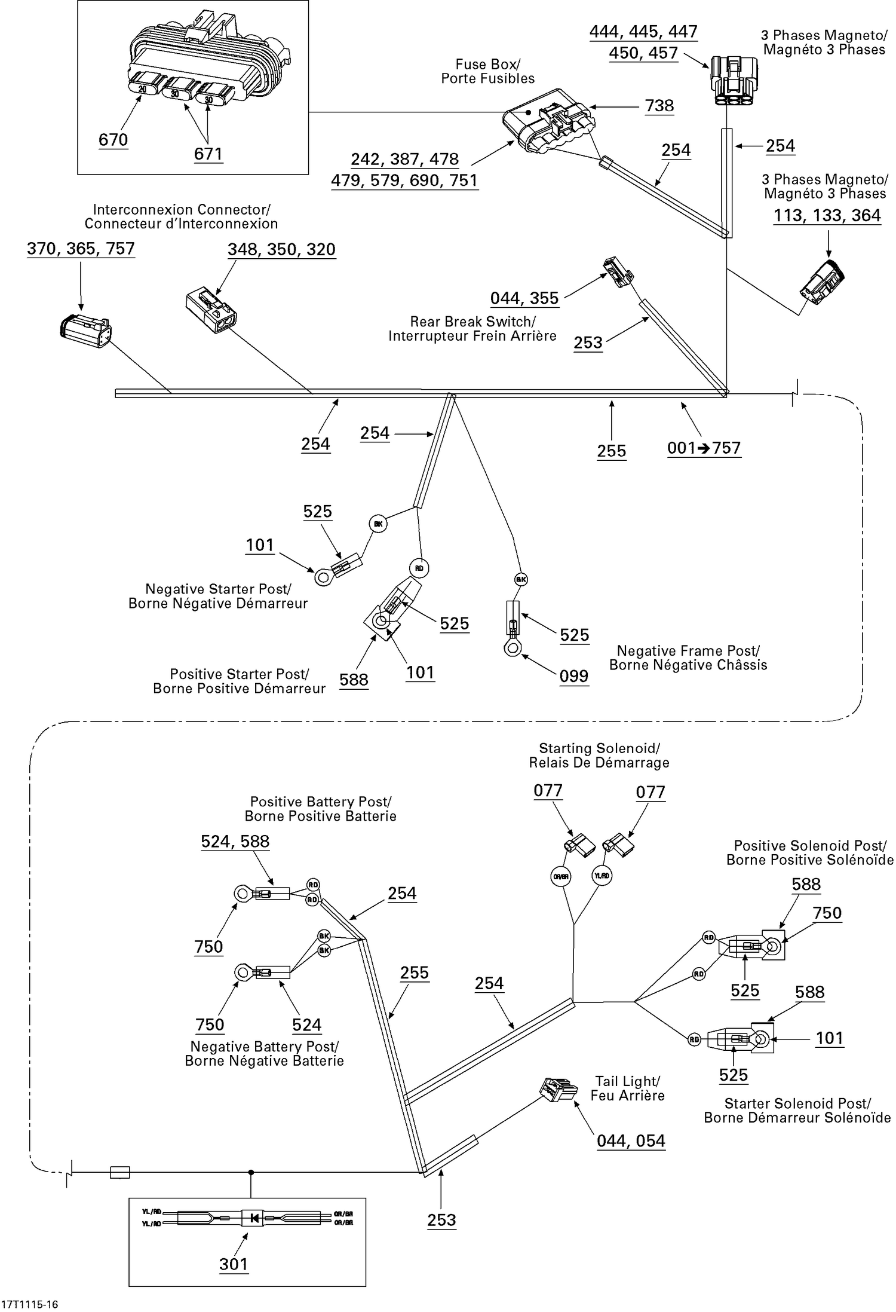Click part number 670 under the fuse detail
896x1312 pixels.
coord(113,140)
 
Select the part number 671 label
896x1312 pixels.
coord(208,154)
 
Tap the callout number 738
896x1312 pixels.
coord(659,106)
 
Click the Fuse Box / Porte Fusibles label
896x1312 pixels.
coord(487,71)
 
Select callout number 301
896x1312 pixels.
coord(233,1264)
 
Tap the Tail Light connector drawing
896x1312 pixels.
coord(558,1090)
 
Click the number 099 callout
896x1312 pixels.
coord(574,676)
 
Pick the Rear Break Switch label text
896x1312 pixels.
coord(472,329)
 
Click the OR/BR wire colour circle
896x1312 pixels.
coord(561,876)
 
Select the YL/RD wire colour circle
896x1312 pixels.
coord(602,876)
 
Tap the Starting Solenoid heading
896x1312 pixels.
coord(599,756)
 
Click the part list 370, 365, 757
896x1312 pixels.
coord(81,249)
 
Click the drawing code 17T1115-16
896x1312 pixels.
coord(30,1304)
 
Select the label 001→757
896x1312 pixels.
coord(704,448)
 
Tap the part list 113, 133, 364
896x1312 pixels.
coord(827,215)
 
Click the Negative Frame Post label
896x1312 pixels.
coord(688,658)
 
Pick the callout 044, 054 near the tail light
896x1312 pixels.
coord(631,1140)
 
